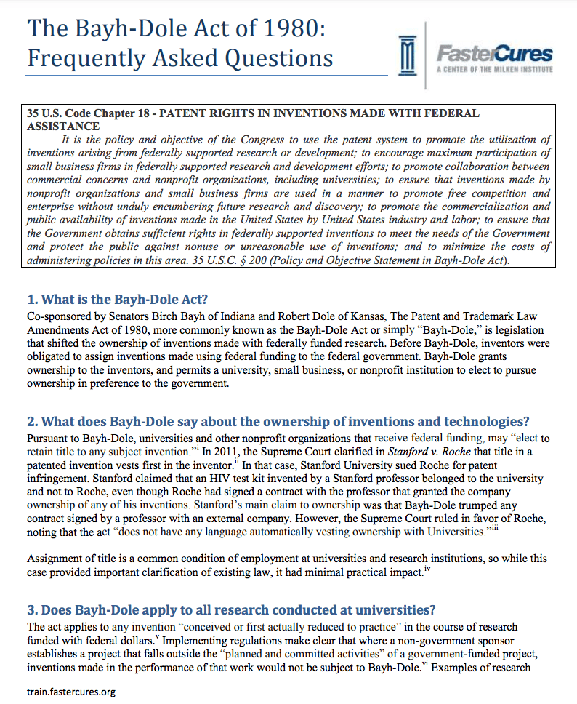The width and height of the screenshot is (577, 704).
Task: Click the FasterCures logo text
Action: coord(493,55)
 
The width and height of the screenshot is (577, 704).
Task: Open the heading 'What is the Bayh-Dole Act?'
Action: coord(117,299)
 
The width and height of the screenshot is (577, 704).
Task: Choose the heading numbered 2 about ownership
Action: coord(278,422)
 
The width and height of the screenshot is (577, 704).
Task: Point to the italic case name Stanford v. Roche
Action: coord(424,452)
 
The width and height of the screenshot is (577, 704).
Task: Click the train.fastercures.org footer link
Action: coord(70,691)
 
